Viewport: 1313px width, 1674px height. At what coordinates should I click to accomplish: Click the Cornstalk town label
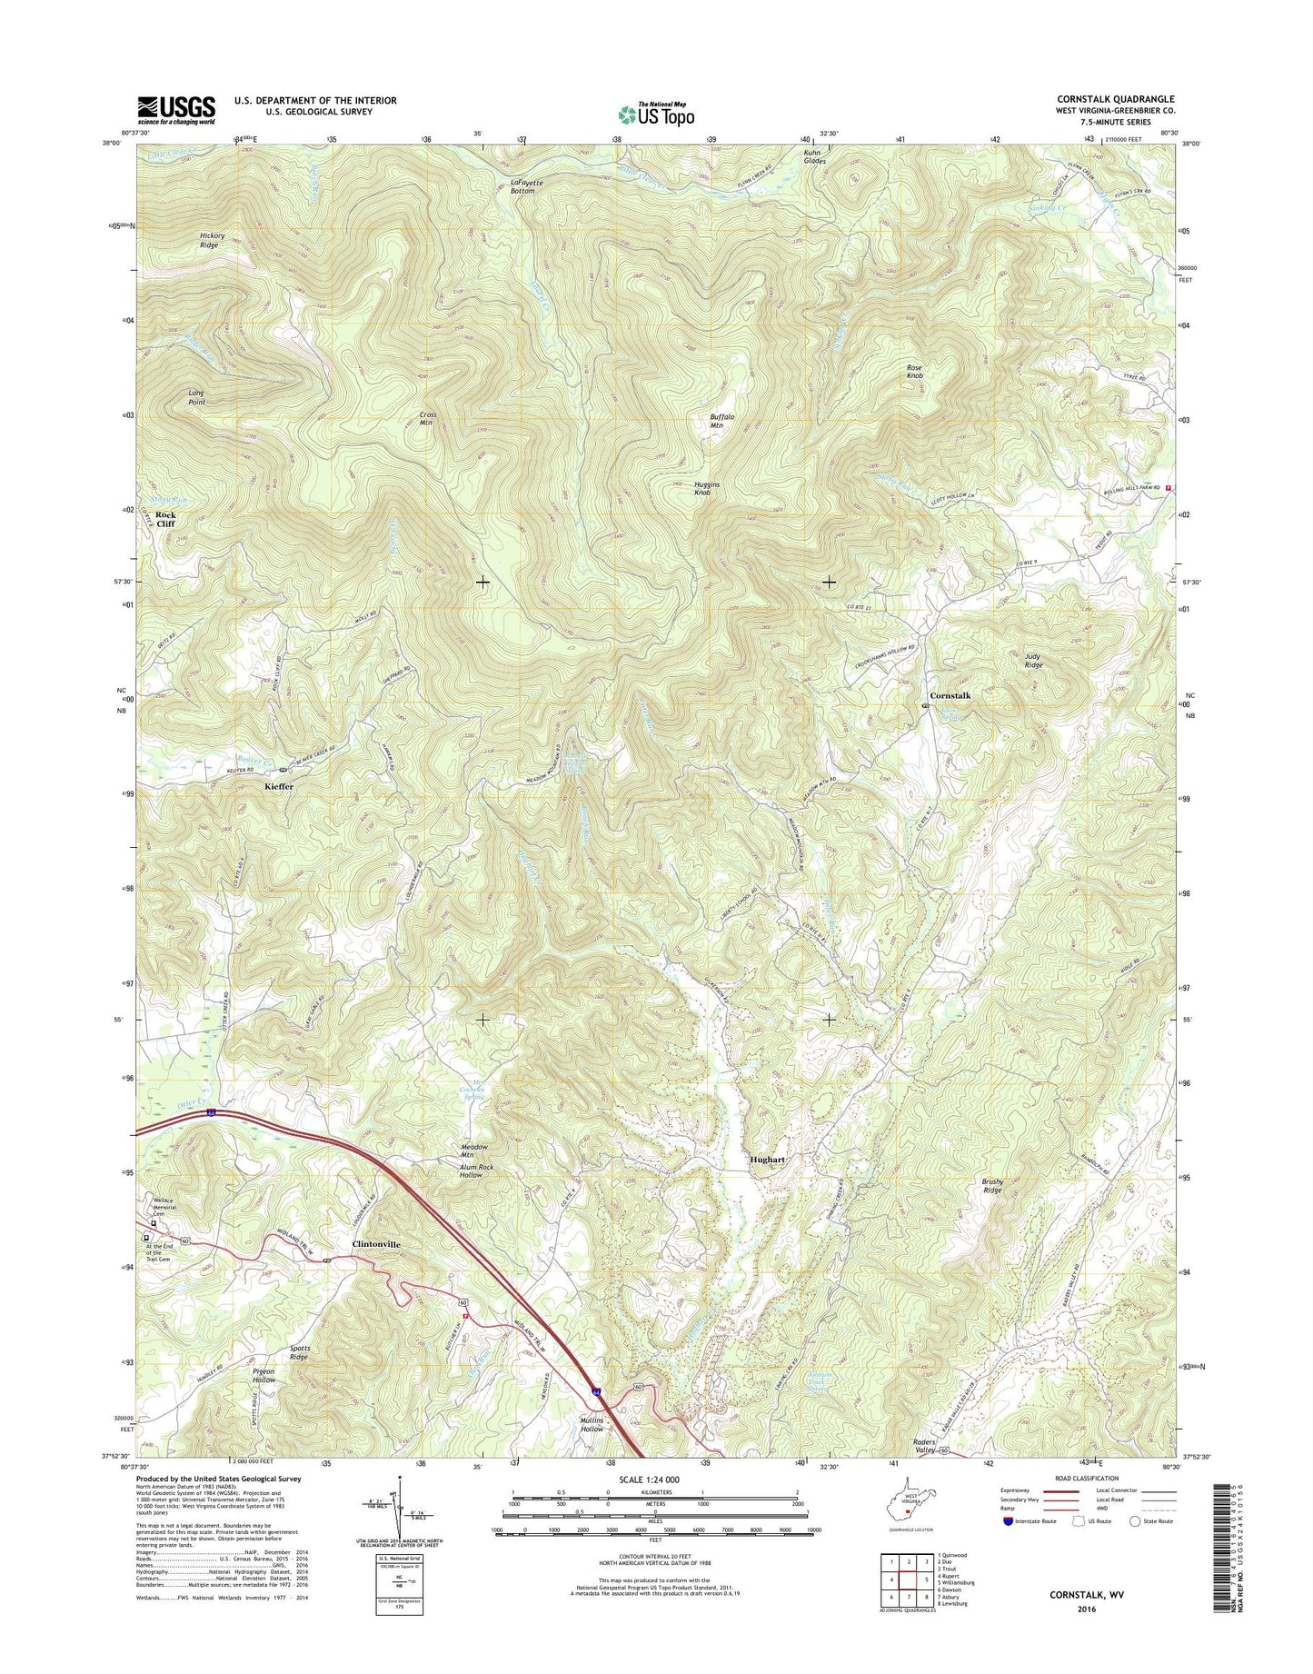[x=950, y=695]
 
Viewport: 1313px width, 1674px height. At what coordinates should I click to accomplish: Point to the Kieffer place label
[x=279, y=786]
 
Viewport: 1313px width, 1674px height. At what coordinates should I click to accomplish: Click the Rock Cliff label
[x=165, y=519]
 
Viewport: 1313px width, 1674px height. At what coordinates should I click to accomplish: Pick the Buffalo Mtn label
[x=721, y=421]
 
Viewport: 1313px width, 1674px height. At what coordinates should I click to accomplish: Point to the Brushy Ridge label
[x=992, y=1185]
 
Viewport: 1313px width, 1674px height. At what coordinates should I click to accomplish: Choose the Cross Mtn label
[x=428, y=419]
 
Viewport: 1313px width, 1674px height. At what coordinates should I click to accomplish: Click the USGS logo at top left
[x=176, y=109]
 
